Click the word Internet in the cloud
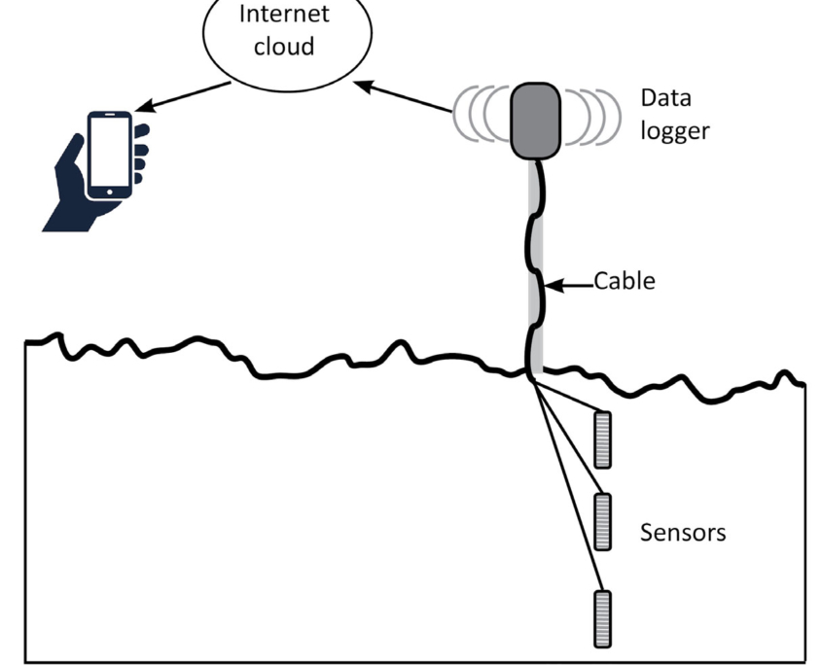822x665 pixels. (285, 15)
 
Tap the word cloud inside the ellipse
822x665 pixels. (285, 47)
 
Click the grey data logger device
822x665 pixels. (536, 120)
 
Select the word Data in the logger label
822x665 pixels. (665, 98)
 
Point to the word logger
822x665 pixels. (675, 130)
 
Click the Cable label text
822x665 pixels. (625, 282)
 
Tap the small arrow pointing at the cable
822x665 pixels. (568, 284)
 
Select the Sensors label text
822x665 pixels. (683, 533)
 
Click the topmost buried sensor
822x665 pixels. (603, 439)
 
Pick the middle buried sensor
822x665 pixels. (603, 521)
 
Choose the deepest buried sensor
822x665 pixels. (603, 617)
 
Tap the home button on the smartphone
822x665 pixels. (109, 192)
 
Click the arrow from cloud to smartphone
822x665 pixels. (185, 95)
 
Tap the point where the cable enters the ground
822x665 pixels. (533, 372)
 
